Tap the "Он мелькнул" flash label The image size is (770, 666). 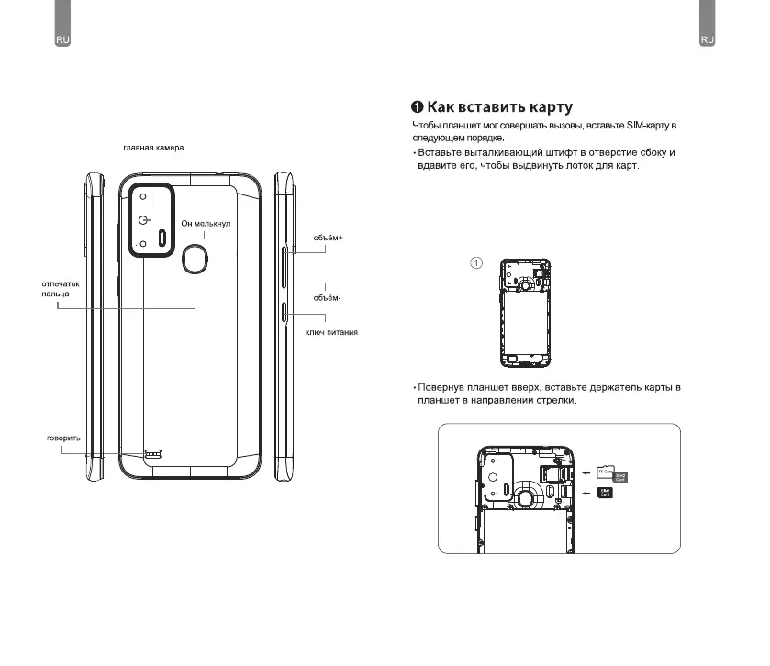206,223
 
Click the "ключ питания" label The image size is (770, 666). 330,331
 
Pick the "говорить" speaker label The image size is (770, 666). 63,438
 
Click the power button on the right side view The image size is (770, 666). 284,312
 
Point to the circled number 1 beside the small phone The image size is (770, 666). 476,263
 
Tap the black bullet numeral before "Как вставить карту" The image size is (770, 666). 417,107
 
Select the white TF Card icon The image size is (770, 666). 605,471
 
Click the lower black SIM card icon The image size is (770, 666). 606,494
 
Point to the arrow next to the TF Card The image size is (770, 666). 587,473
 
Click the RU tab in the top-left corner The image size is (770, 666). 63,40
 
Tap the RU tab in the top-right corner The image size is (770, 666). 707,40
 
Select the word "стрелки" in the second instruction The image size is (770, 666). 552,400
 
